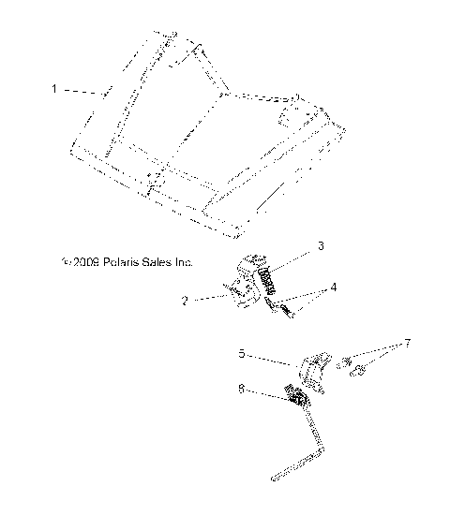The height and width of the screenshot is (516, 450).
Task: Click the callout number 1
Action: [53, 89]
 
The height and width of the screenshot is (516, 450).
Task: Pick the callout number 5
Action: [242, 354]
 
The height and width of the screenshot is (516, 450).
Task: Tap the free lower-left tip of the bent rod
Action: [275, 481]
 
